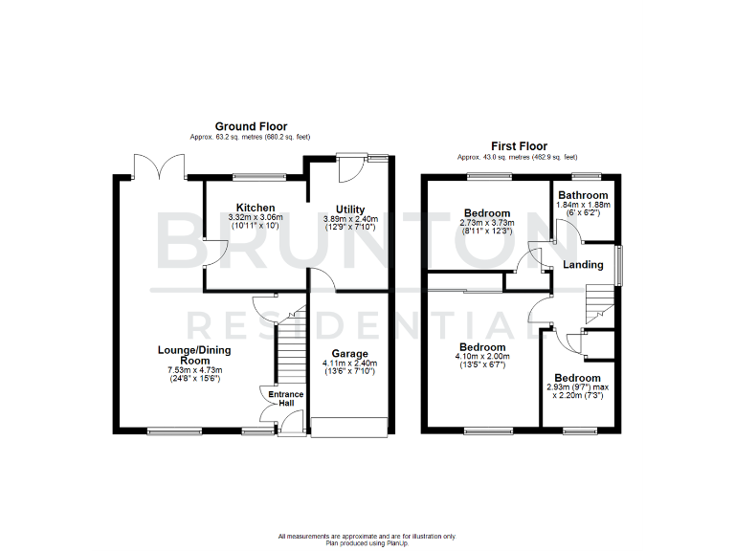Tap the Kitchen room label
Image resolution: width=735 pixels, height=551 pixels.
tap(256, 208)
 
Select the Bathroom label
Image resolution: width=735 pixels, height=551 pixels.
tap(583, 195)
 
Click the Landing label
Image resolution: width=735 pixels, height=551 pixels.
tap(582, 265)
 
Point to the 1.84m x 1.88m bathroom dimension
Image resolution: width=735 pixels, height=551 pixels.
tap(583, 205)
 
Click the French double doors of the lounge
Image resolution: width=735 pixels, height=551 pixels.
tap(159, 168)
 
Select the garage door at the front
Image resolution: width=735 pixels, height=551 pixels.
tap(348, 428)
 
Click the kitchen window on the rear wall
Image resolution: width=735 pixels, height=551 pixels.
tap(259, 176)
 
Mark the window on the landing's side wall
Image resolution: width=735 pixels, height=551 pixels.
tap(617, 265)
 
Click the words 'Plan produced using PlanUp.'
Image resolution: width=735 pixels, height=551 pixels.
tap(367, 542)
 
